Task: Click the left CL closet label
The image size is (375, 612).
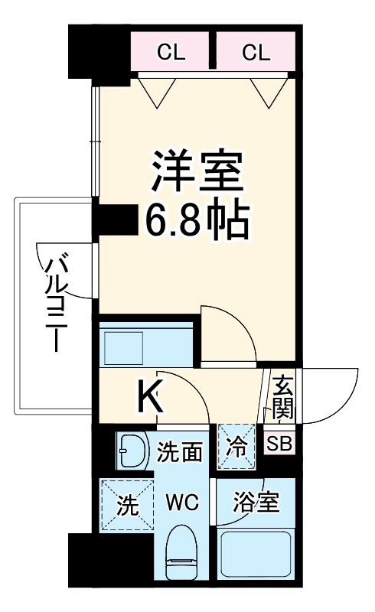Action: click(x=173, y=52)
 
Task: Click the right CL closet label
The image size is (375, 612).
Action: click(x=256, y=52)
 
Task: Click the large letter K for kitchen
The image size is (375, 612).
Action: click(x=151, y=397)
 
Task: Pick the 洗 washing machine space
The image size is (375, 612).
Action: click(x=126, y=505)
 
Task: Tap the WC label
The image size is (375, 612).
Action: click(x=183, y=503)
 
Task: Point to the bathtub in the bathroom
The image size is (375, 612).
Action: click(x=256, y=556)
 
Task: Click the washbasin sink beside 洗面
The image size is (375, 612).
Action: click(x=132, y=452)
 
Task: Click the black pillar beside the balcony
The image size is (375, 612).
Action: click(x=112, y=220)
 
